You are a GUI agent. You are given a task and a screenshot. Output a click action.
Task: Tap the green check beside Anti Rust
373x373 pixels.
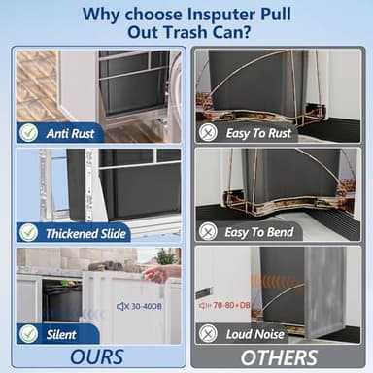click(x=29, y=133)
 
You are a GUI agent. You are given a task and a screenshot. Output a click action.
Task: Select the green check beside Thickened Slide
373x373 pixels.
click(x=29, y=232)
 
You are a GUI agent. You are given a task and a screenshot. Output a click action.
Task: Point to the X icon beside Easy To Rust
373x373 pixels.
click(x=208, y=133)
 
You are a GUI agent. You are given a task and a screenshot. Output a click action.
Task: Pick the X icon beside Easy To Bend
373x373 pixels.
click(x=208, y=232)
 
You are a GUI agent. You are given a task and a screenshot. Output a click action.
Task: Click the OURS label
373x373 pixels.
click(x=97, y=356)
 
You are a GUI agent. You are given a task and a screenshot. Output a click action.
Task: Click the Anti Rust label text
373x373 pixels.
click(x=69, y=133)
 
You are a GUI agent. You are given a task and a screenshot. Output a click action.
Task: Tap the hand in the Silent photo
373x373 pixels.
click(x=153, y=275)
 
